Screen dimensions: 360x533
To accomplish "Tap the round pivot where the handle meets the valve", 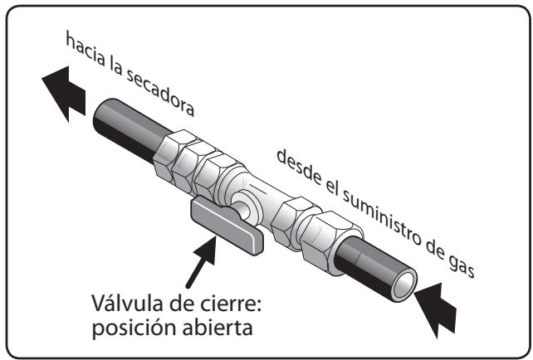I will click(242, 207).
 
